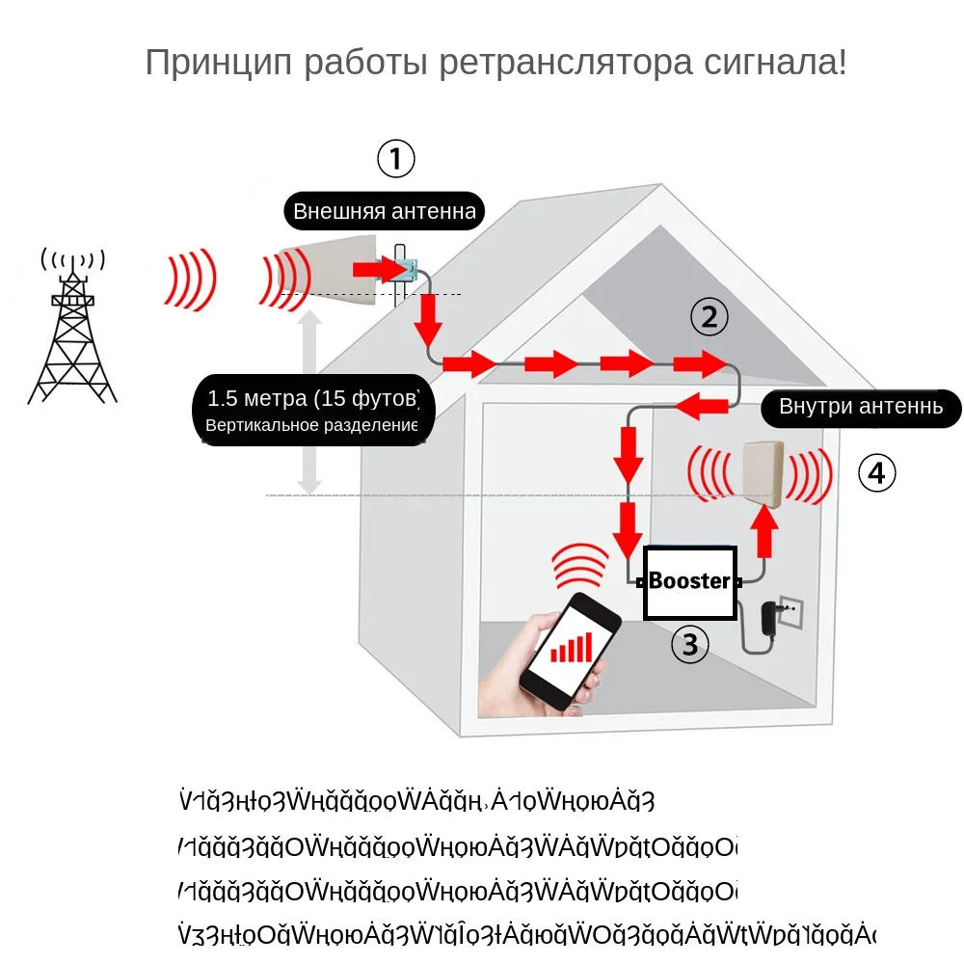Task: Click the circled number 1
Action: click(x=395, y=159)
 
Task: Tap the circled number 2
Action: click(x=710, y=316)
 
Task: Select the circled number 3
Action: click(x=689, y=644)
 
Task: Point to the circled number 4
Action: click(x=876, y=473)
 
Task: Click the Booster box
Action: click(x=689, y=581)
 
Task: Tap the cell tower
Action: click(x=72, y=333)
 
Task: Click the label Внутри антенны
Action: click(x=860, y=407)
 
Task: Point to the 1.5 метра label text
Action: click(x=313, y=398)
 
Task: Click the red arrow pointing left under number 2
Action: click(x=701, y=408)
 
